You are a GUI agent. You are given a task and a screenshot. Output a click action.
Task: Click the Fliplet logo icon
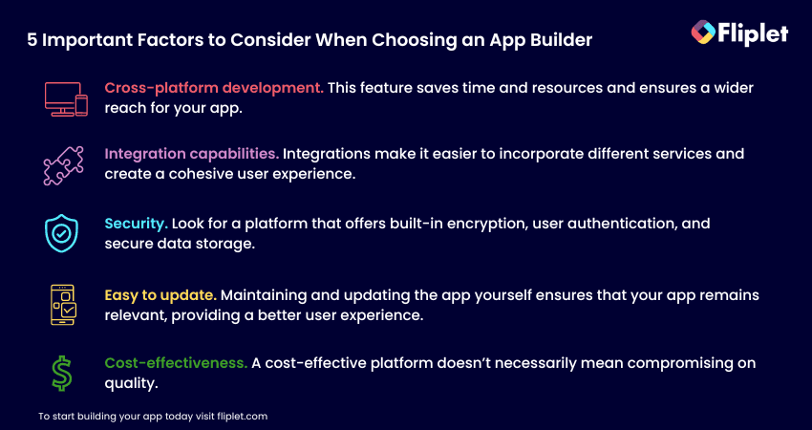pos(703,32)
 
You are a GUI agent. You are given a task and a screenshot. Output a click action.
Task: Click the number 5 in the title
pos(32,40)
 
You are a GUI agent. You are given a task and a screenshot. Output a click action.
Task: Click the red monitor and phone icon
pos(66,99)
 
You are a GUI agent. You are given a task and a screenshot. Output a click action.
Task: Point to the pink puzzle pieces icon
pos(63,165)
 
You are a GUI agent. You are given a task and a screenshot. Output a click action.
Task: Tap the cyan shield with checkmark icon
pos(62,233)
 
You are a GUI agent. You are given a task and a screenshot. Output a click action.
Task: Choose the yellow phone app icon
pos(63,305)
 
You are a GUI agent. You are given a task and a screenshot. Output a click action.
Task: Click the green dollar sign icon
pos(62,373)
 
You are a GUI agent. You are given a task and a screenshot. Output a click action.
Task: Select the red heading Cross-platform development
pos(214,88)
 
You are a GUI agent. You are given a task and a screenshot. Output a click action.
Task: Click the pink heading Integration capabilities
pos(192,154)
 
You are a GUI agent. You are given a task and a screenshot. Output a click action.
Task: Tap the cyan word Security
pos(137,224)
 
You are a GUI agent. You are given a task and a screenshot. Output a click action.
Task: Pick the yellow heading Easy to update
pos(160,295)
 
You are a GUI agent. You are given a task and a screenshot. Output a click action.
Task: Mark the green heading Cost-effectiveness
pos(176,363)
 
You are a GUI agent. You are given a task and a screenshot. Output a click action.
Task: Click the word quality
pos(131,384)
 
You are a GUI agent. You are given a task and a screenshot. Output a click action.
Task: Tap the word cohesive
pos(193,174)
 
